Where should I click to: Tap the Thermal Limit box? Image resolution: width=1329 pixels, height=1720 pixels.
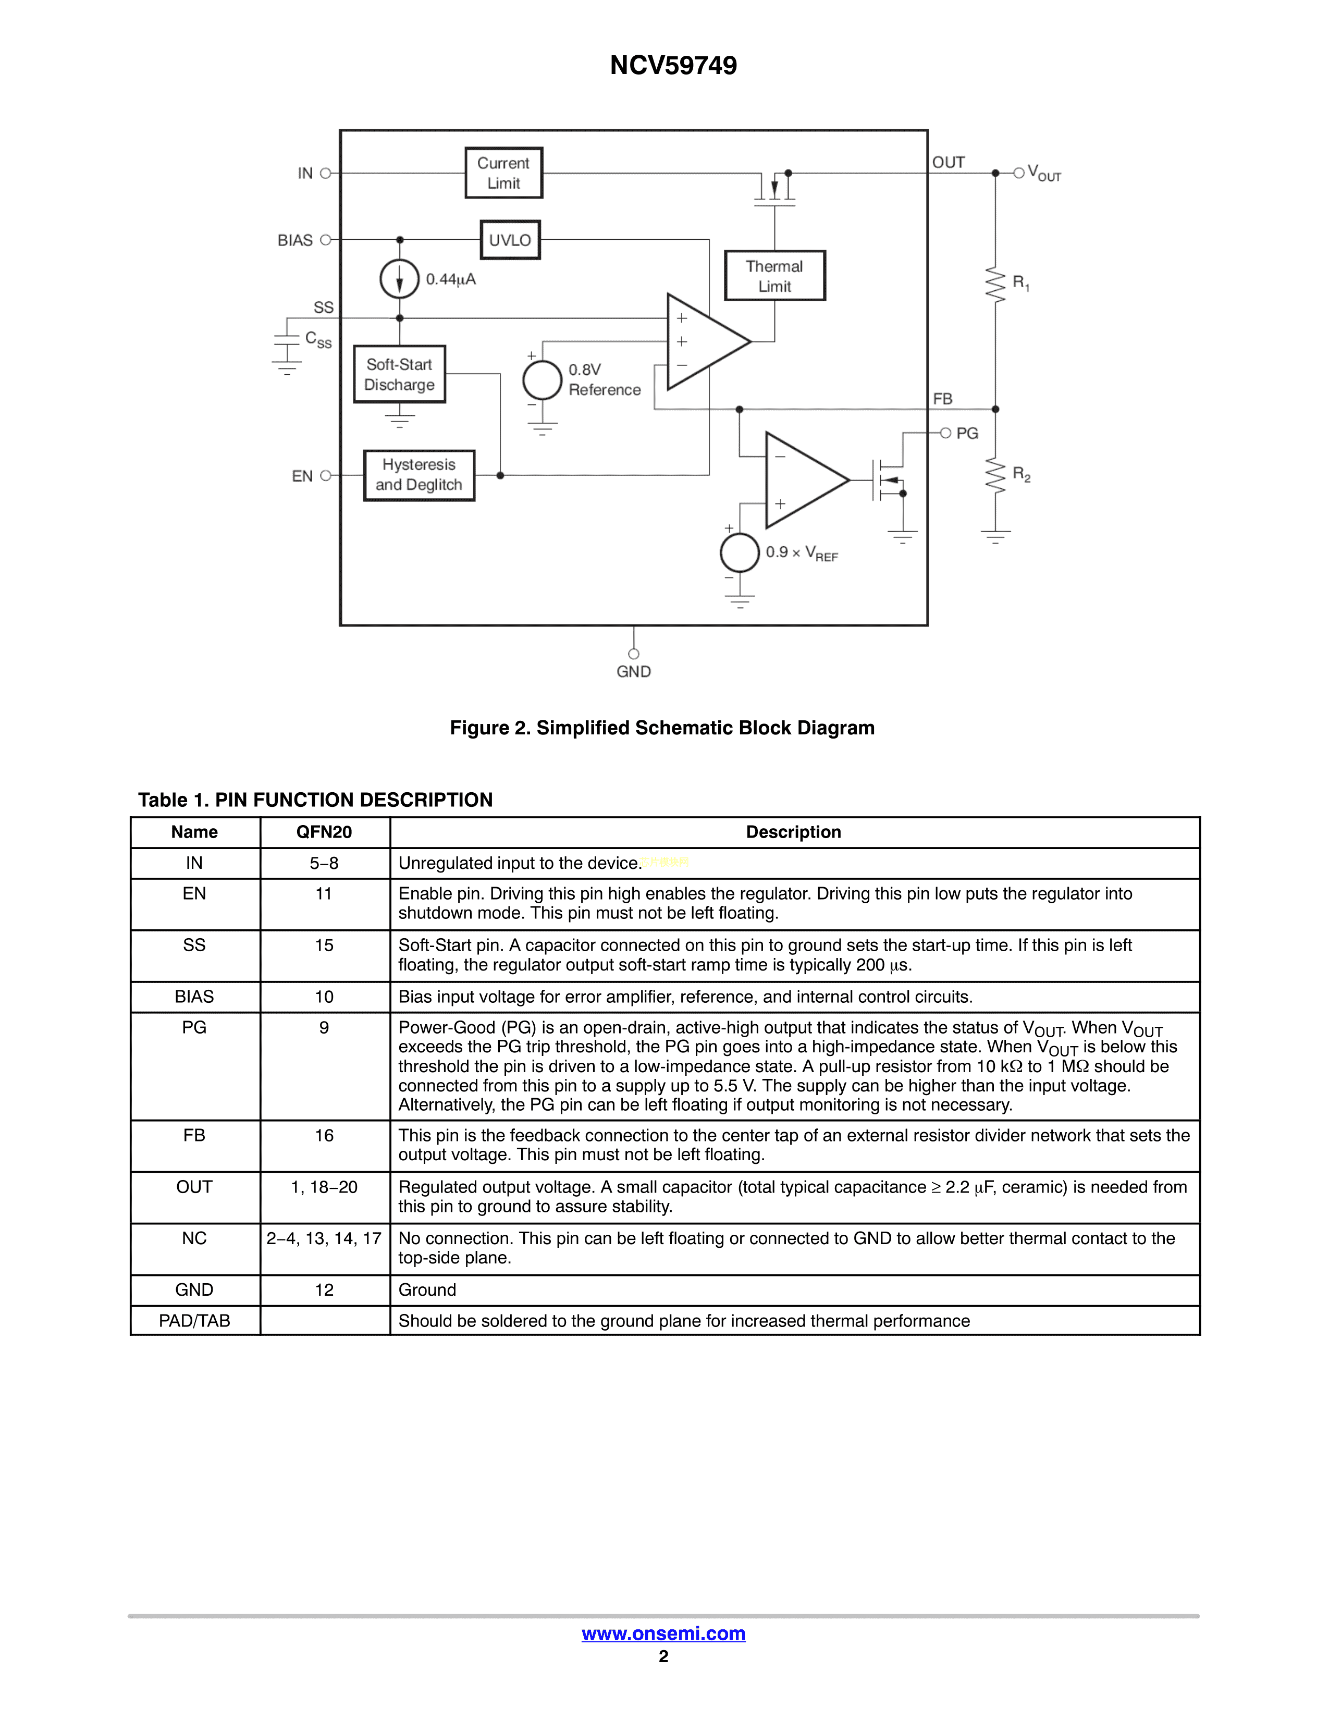[x=774, y=276]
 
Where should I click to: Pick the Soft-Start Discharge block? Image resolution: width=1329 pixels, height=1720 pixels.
[x=399, y=375]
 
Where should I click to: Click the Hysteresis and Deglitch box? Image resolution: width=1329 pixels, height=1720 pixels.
[x=419, y=475]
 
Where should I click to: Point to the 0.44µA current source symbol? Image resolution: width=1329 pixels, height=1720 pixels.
[x=399, y=279]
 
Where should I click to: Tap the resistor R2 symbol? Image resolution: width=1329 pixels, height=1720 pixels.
[x=995, y=476]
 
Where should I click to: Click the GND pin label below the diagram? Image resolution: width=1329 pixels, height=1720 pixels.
[x=634, y=672]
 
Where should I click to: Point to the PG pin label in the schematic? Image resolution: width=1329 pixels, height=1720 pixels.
[x=967, y=433]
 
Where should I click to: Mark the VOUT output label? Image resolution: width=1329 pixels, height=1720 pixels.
[x=1044, y=173]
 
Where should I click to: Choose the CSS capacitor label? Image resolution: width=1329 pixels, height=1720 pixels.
[x=318, y=339]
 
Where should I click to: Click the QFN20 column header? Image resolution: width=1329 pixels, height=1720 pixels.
[x=324, y=832]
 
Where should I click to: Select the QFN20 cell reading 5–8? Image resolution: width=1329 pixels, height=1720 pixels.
[x=324, y=863]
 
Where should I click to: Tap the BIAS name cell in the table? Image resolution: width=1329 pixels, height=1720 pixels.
[x=194, y=997]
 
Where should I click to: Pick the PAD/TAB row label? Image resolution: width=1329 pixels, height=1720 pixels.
[x=194, y=1321]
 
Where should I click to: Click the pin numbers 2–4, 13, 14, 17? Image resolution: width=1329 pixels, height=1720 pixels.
[x=324, y=1239]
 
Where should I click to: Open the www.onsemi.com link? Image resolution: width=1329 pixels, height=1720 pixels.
[x=663, y=1633]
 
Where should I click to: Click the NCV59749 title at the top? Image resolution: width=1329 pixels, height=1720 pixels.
[x=673, y=65]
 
